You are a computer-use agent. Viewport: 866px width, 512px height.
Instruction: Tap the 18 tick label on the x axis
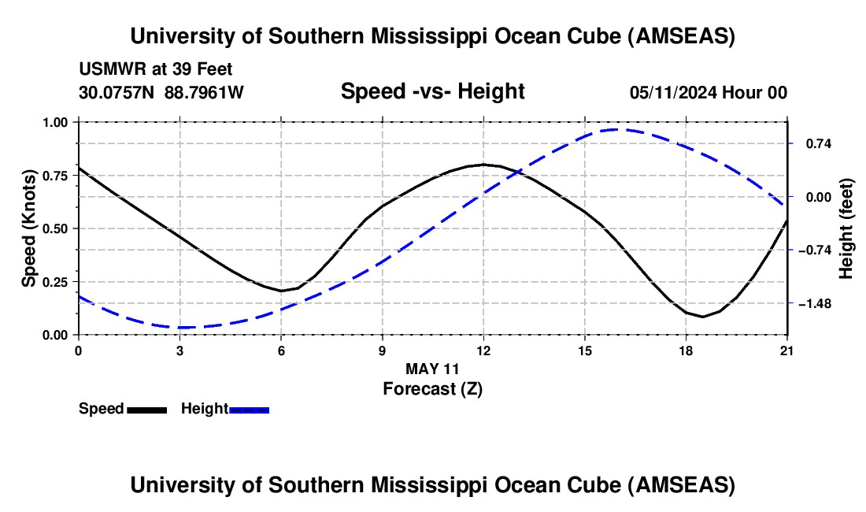point(686,351)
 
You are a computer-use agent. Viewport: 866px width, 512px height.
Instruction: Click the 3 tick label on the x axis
point(179,351)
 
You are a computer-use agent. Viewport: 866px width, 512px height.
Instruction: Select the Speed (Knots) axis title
point(29,228)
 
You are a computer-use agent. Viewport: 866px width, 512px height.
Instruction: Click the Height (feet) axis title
point(846,228)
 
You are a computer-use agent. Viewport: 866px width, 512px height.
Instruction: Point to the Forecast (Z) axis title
point(432,388)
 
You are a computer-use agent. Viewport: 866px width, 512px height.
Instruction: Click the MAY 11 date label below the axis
point(432,369)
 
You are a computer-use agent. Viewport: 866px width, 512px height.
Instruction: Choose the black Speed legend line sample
point(146,410)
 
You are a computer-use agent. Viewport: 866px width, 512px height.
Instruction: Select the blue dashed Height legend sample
point(250,410)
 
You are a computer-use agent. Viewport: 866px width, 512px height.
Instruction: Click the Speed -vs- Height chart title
point(432,91)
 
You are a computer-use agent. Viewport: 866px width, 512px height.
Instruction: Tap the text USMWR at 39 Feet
point(156,70)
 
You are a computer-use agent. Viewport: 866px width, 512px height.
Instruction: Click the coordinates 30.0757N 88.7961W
point(161,92)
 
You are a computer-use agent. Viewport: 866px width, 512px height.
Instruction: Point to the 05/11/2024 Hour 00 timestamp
point(708,92)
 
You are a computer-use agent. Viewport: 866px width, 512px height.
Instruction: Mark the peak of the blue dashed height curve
point(618,129)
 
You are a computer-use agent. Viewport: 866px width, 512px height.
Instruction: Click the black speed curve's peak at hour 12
point(483,164)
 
